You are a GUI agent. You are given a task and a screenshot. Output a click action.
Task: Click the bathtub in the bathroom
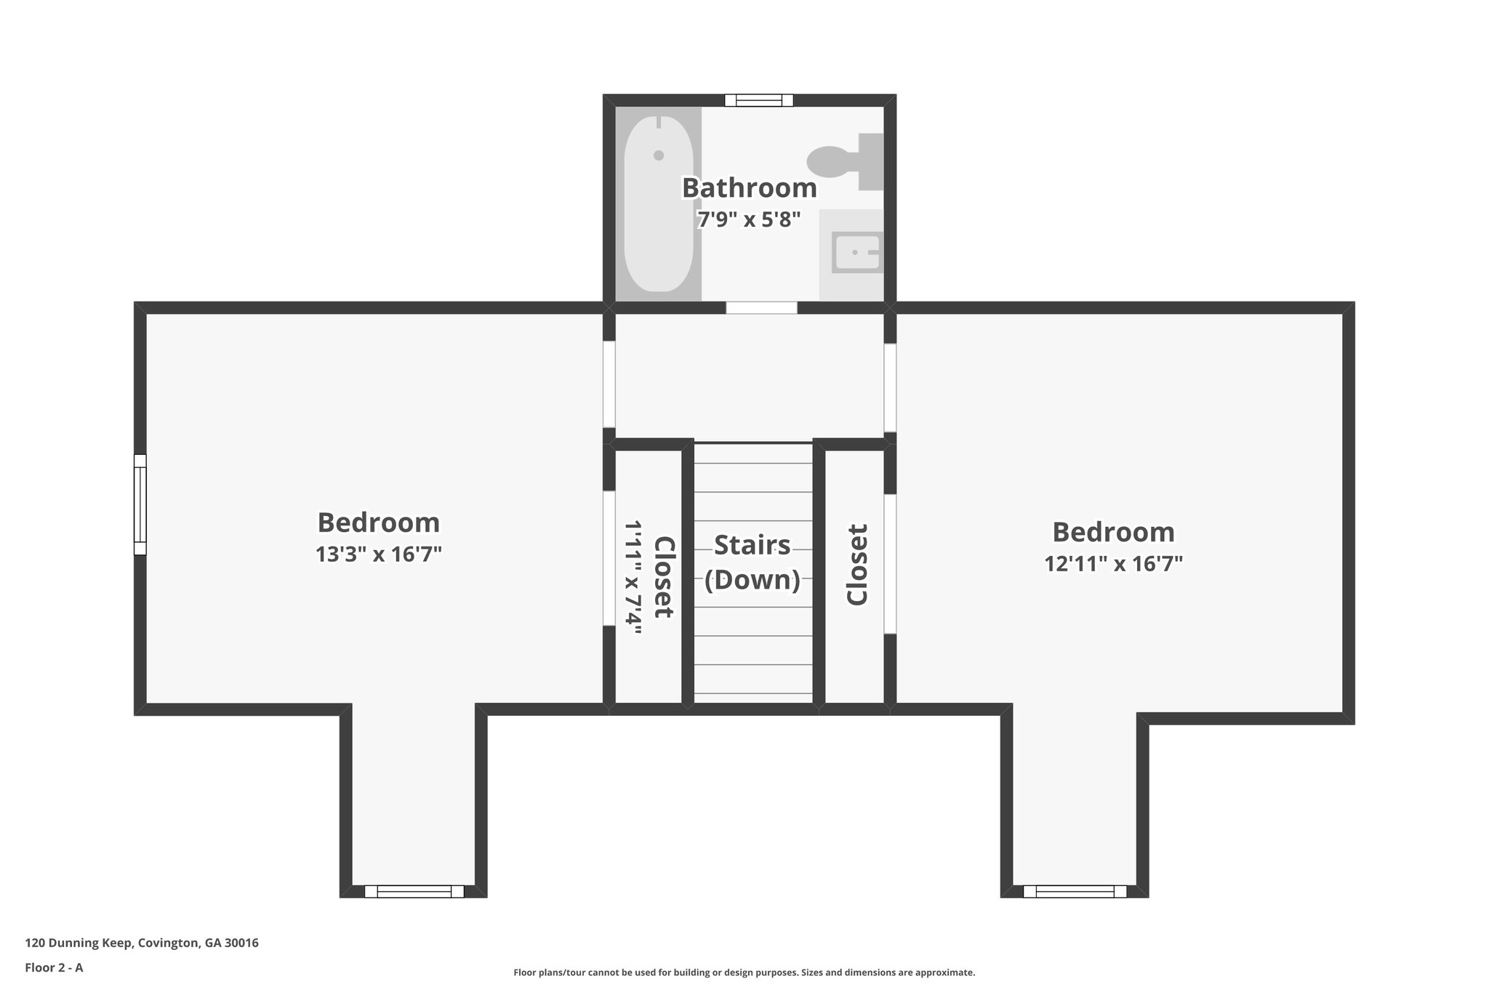tap(658, 203)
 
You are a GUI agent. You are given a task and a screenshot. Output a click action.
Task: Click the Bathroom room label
tap(749, 188)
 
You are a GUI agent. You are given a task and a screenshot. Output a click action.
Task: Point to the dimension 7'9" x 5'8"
tap(749, 219)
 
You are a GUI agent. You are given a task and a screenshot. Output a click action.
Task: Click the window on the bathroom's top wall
tap(758, 100)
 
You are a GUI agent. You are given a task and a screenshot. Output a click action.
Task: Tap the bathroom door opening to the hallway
tap(761, 308)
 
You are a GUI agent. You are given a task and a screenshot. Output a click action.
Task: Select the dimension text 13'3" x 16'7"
tap(379, 555)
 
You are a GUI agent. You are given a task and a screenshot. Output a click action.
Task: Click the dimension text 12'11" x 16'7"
tap(1113, 564)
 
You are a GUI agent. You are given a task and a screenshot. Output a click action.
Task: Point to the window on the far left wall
tap(140, 504)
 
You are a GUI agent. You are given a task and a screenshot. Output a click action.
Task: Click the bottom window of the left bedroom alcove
tap(414, 892)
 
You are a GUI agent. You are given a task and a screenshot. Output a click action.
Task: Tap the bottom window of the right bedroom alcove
tap(1075, 892)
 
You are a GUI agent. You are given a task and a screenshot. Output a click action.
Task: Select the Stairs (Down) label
tap(752, 562)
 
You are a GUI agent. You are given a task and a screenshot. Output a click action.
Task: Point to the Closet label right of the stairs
tap(857, 565)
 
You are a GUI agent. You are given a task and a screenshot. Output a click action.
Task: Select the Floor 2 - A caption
tap(54, 968)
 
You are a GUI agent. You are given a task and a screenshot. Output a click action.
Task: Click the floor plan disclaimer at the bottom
tap(744, 972)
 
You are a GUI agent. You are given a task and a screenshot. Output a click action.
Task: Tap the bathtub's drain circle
tap(659, 156)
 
